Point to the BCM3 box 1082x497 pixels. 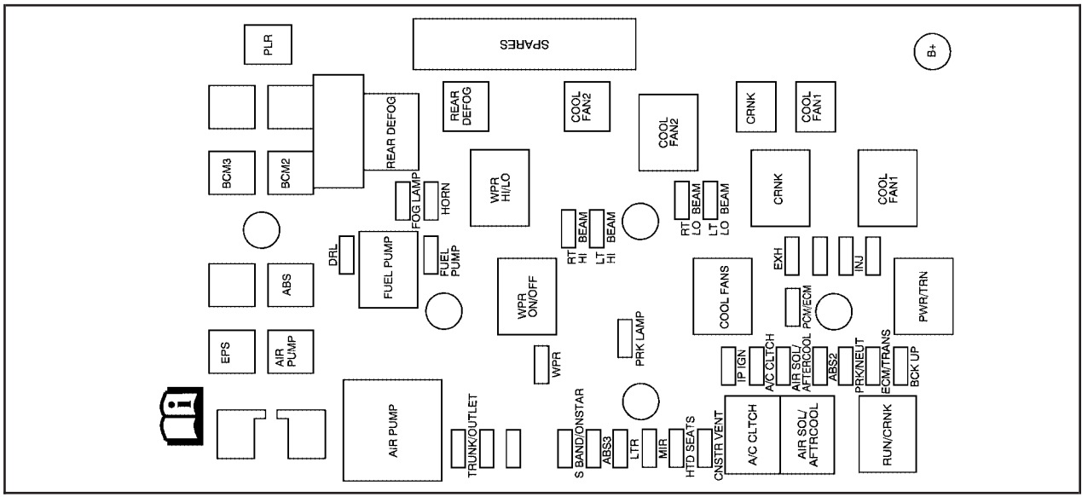coord(231,174)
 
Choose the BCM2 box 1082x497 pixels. coord(289,174)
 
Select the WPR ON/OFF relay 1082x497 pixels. coord(526,298)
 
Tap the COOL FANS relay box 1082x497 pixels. coord(723,297)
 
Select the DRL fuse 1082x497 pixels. coord(345,255)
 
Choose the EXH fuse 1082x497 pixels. coord(792,254)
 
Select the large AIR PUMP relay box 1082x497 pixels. coord(392,430)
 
